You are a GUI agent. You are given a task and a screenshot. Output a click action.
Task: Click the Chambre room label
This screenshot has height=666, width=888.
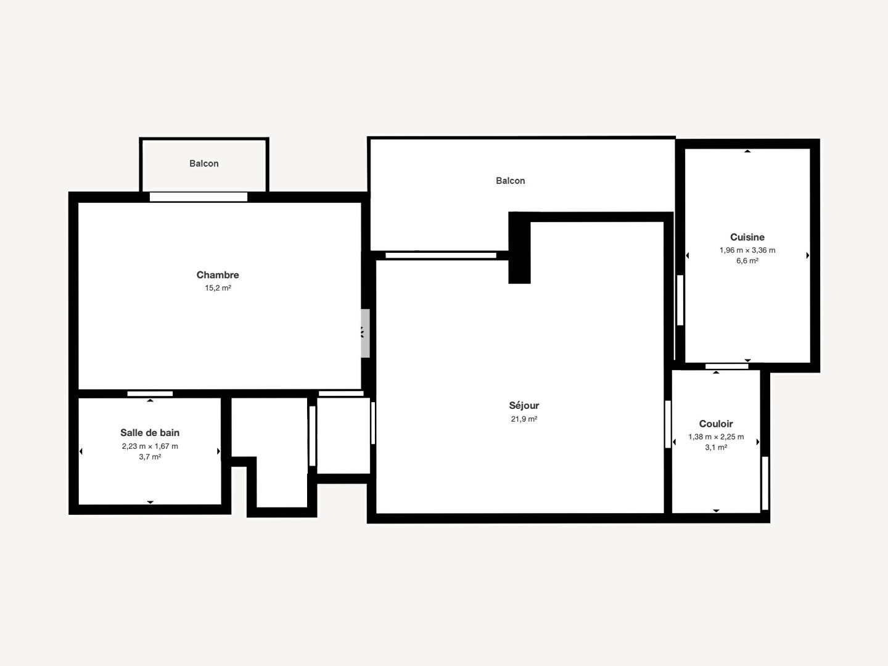tap(218, 275)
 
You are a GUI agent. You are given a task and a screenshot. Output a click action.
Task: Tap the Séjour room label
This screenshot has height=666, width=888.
tap(524, 406)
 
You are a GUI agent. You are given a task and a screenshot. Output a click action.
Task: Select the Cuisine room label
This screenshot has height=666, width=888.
tap(747, 237)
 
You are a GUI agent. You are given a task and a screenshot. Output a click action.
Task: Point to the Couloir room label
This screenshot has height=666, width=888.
tap(716, 424)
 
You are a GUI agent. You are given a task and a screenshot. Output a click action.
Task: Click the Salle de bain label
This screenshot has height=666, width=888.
tap(150, 433)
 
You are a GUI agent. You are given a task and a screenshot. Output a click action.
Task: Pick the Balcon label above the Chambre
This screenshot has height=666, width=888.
tap(204, 163)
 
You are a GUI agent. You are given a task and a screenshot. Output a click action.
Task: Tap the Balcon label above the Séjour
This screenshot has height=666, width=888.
tap(510, 181)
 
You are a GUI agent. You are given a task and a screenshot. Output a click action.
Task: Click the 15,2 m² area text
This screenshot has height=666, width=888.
tap(218, 288)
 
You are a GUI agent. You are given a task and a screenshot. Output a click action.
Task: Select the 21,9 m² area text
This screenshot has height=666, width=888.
tap(524, 419)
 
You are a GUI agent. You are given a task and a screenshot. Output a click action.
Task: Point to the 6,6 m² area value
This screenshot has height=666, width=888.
tap(747, 261)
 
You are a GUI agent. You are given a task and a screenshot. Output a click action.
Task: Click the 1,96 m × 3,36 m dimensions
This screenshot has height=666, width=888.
tap(747, 250)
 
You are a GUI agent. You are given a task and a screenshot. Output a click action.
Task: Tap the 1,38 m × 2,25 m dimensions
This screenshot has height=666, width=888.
tap(716, 437)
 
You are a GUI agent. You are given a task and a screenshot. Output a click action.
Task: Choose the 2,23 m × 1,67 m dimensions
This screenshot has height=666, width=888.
tap(150, 446)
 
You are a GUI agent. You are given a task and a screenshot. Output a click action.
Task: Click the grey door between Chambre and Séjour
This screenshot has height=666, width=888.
tap(365, 333)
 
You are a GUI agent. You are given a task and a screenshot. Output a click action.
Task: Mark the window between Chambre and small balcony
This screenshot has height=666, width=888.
tap(198, 197)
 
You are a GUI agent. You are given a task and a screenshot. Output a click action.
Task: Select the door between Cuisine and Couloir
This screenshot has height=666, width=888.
tap(726, 366)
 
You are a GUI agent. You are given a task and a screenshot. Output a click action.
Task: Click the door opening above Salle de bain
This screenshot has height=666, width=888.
tap(150, 394)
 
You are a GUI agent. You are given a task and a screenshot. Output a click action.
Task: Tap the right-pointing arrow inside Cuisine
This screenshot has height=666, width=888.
tap(807, 255)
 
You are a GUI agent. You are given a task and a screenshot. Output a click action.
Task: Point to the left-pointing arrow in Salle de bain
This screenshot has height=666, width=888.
tap(81, 451)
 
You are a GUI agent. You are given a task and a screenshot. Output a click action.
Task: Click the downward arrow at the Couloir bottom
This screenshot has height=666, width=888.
tap(716, 511)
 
